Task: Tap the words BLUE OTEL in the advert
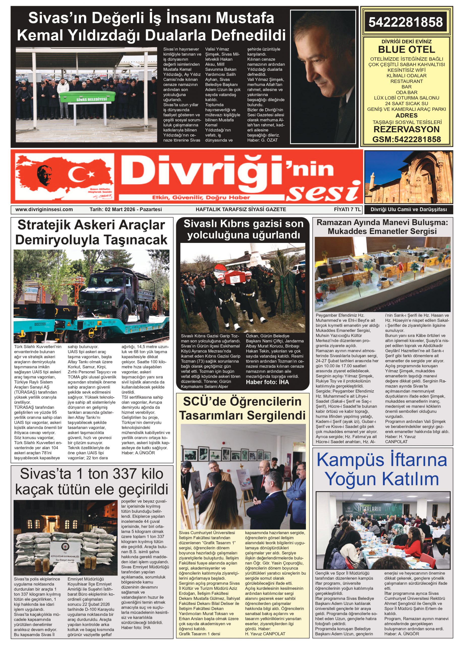click(406, 49)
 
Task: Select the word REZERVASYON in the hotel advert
click(406, 130)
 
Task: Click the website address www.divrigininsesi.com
click(44, 209)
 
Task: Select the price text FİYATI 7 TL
click(347, 209)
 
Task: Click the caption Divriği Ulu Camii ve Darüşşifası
click(409, 210)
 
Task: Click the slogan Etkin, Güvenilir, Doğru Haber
click(201, 197)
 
